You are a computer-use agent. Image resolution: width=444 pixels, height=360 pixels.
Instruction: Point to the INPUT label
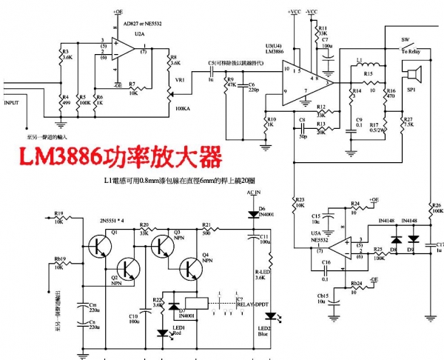(x=13, y=103)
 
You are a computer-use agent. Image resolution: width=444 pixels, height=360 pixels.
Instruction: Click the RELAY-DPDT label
(x=255, y=304)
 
